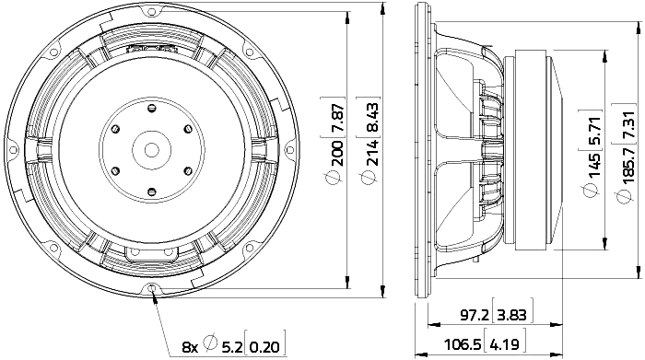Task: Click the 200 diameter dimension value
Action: [x=337, y=153]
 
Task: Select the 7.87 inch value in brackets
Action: [x=337, y=116]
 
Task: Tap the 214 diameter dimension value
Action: [x=371, y=153]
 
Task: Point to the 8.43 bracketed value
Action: [x=371, y=116]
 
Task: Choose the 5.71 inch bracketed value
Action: [x=594, y=131]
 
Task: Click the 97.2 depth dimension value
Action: [x=475, y=316]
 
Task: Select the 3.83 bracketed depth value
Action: [x=511, y=316]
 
